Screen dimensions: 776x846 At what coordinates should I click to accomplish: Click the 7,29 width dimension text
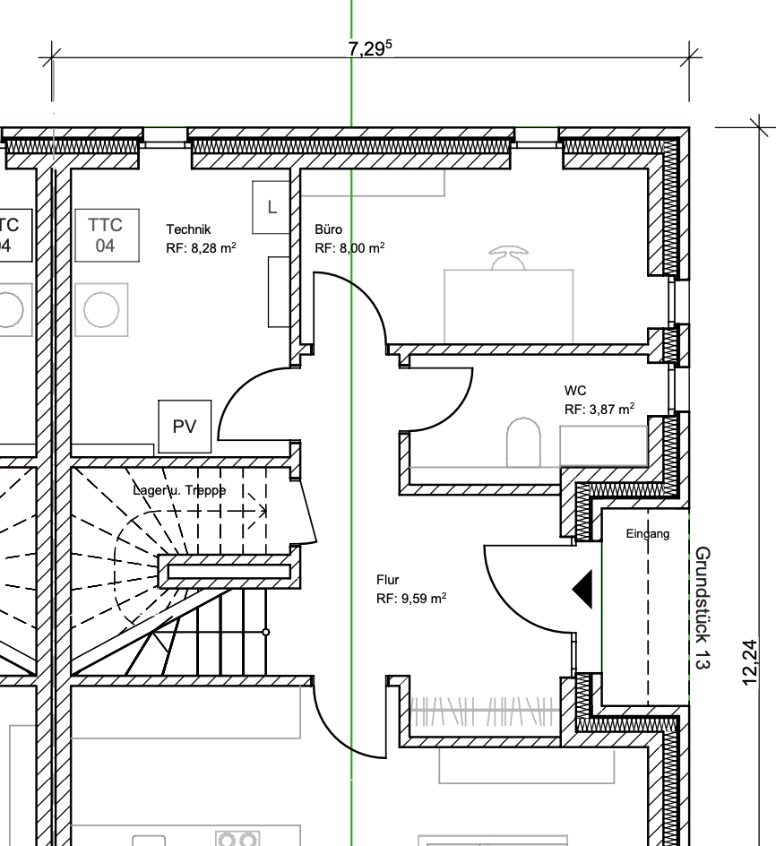[370, 48]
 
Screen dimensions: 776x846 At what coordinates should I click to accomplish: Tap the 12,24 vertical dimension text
[750, 662]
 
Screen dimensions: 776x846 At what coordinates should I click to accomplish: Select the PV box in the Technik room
[185, 427]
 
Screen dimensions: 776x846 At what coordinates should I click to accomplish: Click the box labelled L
[272, 207]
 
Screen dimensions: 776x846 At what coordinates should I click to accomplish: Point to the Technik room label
[188, 229]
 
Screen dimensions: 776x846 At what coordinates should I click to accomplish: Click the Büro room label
[328, 229]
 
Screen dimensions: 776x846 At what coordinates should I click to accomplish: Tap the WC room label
[575, 390]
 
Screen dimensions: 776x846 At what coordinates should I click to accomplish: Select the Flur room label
[387, 580]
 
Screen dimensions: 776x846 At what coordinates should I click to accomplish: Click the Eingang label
[648, 533]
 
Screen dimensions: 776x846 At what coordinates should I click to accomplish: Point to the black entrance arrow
[582, 589]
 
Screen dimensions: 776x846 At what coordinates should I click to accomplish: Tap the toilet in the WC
[523, 442]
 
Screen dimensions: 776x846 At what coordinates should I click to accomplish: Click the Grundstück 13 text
[702, 608]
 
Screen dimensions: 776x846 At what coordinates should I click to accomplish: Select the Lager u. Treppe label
[179, 490]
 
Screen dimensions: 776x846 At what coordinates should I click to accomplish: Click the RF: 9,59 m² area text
[411, 598]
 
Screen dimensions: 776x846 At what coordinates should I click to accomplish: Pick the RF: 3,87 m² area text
[599, 409]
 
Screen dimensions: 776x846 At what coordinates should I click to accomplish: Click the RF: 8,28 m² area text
[201, 247]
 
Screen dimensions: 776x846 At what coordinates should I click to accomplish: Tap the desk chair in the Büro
[508, 257]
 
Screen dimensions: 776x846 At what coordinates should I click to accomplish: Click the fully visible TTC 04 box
[107, 235]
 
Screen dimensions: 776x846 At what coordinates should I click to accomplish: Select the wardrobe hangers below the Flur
[483, 711]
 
